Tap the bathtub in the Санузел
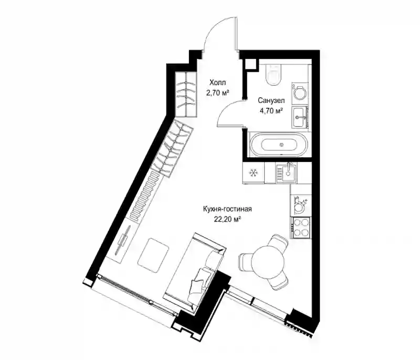(x=279, y=145)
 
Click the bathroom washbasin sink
(x=299, y=117)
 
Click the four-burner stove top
(x=300, y=228)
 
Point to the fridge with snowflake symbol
(x=253, y=173)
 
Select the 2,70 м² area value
(x=217, y=93)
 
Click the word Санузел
(x=271, y=100)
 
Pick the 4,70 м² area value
(x=271, y=111)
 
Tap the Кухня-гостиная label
(x=227, y=209)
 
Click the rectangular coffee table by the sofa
(x=153, y=255)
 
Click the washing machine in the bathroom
(x=300, y=92)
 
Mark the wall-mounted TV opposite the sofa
(x=123, y=240)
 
